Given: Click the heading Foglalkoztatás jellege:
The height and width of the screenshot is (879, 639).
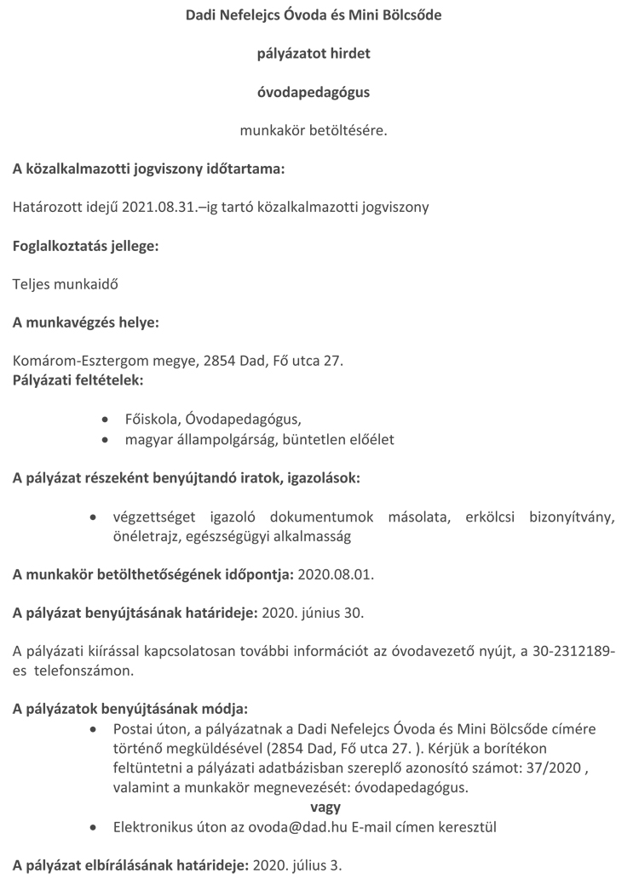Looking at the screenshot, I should point(85,246).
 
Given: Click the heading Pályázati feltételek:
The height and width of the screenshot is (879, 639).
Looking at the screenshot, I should point(78,378).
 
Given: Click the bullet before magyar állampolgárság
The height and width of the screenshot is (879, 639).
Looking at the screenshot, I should point(104,440).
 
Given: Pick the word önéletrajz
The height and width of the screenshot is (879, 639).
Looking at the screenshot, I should point(144,536).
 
